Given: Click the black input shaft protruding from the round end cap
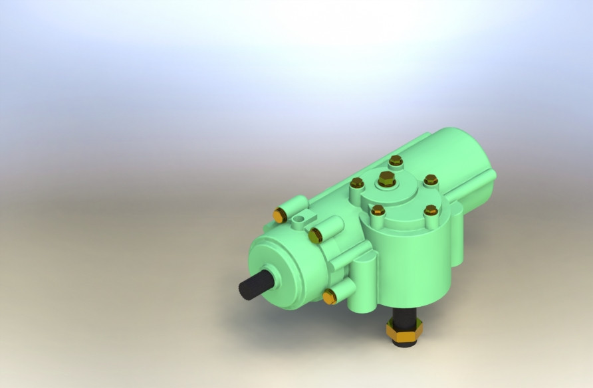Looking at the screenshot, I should (256, 286).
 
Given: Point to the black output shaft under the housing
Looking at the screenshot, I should (404, 316).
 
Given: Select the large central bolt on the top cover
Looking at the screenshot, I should (386, 179).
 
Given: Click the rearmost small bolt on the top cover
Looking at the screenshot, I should (396, 160).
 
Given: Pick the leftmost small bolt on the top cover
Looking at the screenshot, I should (356, 183).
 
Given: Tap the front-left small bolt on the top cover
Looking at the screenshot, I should (378, 211).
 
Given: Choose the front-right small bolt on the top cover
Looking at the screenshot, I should (430, 210).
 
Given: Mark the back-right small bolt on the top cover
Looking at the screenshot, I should (430, 179).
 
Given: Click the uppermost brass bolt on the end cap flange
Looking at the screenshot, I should (280, 215).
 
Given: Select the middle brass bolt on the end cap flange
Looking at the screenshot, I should (315, 234).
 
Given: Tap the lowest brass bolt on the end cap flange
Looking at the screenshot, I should (328, 296).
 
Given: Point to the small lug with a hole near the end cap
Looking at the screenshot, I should (303, 217).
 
